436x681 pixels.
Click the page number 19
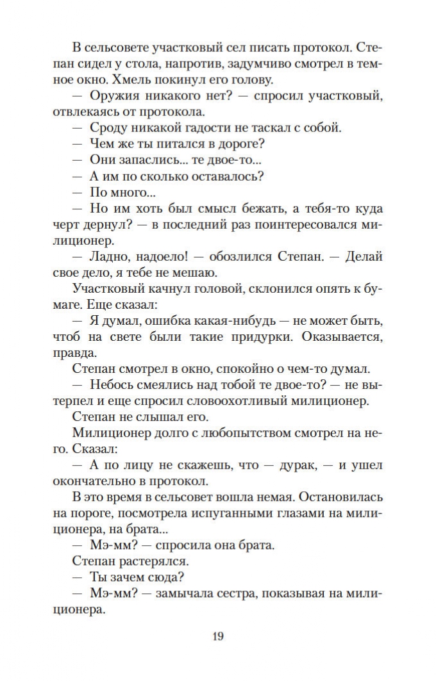click(x=217, y=636)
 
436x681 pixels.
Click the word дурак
click(x=295, y=464)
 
